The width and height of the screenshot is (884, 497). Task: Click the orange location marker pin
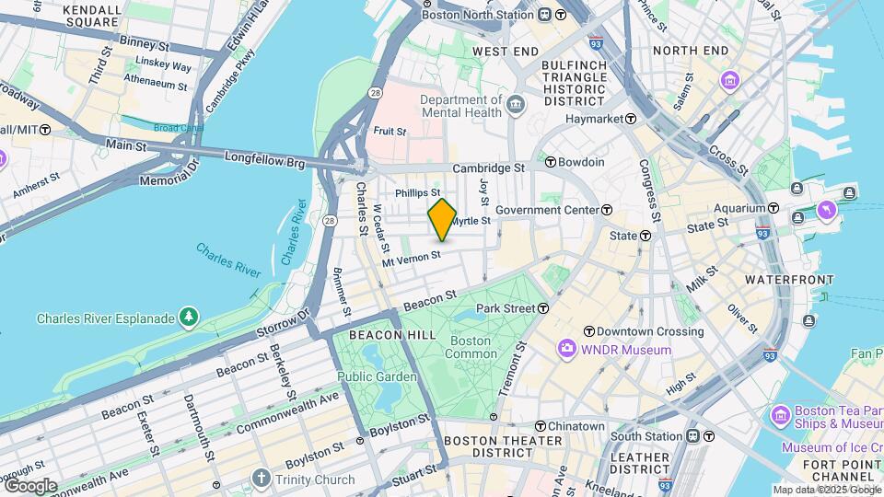click(442, 219)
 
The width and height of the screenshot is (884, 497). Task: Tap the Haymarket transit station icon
click(631, 119)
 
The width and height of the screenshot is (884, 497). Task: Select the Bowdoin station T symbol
click(551, 162)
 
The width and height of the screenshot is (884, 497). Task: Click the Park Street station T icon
click(544, 308)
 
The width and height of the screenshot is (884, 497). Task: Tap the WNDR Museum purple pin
click(566, 350)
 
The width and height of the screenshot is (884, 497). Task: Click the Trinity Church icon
click(262, 480)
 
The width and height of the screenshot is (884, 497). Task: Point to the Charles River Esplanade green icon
click(189, 318)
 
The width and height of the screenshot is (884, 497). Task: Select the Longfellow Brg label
click(264, 158)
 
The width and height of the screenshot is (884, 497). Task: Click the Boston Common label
click(472, 347)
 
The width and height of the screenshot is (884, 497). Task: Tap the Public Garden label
click(377, 376)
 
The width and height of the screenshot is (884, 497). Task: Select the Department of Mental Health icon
click(516, 106)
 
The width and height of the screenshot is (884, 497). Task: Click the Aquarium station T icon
click(773, 209)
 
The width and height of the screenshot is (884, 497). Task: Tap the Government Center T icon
click(607, 210)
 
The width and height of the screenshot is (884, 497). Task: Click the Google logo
click(29, 486)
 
